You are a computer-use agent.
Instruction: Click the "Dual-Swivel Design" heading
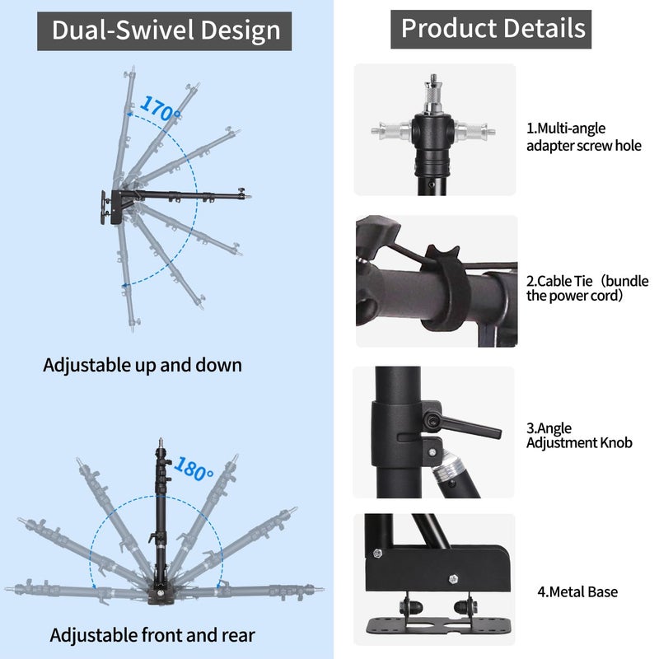tap(166, 30)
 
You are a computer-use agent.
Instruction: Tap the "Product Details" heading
tap(493, 29)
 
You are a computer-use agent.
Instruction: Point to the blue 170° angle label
tap(160, 108)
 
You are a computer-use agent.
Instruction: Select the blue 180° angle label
tap(194, 469)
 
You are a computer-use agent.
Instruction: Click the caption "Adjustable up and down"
tap(143, 365)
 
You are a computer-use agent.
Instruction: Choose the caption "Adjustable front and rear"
tap(152, 635)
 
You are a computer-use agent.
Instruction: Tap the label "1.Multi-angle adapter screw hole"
tap(584, 137)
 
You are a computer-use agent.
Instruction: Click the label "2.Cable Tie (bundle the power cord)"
tap(587, 288)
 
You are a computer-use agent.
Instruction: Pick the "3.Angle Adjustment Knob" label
tap(579, 436)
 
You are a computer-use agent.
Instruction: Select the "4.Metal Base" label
tap(577, 591)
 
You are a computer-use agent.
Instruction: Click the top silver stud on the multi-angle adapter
tap(433, 94)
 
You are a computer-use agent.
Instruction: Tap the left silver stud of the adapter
tap(392, 131)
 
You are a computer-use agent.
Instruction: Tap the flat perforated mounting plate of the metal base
tap(439, 625)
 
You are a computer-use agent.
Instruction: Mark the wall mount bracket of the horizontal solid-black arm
tap(109, 208)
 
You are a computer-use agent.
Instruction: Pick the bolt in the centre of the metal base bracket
tap(453, 579)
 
